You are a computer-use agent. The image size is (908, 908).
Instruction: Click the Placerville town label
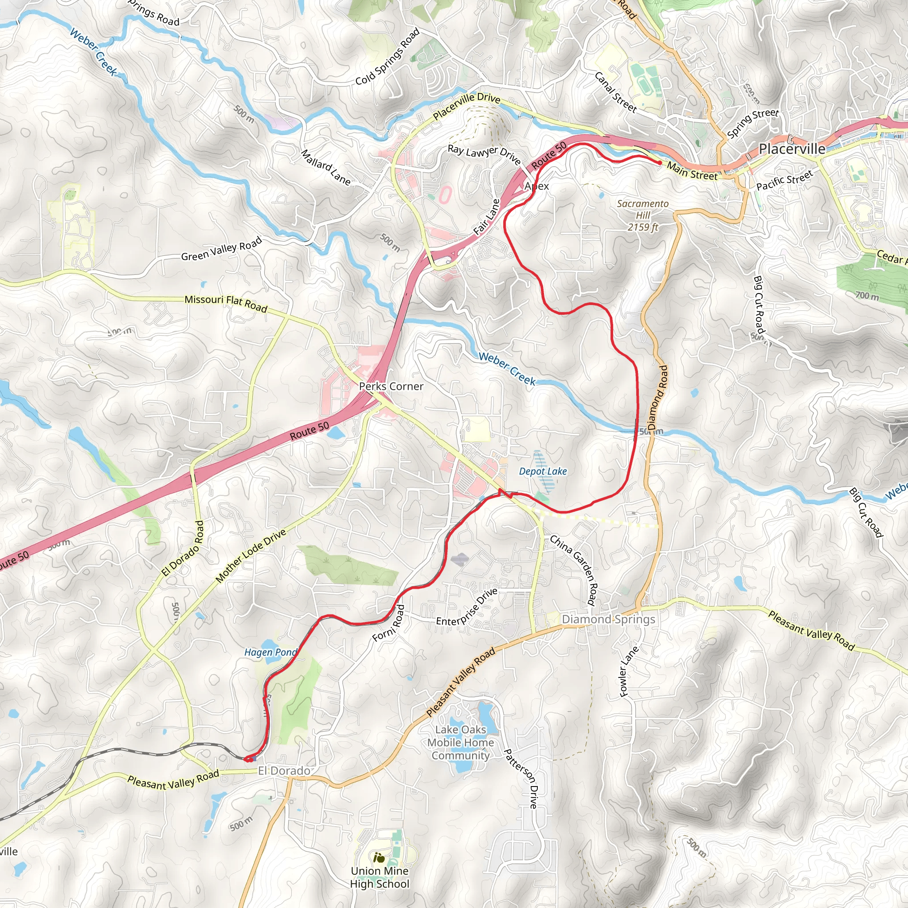click(792, 149)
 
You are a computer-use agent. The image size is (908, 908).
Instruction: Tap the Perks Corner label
click(391, 386)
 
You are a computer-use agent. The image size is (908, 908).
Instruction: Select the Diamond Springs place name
click(608, 619)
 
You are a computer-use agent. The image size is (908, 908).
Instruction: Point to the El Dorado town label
click(284, 771)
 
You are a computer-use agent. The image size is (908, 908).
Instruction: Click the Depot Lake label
click(543, 471)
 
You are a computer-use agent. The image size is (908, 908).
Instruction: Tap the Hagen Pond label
click(270, 652)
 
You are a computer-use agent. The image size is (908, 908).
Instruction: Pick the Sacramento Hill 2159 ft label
click(642, 215)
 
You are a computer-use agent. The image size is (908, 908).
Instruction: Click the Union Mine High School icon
click(379, 858)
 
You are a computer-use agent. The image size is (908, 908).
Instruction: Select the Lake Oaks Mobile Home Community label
click(461, 742)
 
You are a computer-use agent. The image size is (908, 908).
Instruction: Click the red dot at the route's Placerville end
click(660, 163)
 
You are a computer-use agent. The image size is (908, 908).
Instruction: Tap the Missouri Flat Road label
click(226, 303)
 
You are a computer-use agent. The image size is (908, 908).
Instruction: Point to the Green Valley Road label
click(221, 250)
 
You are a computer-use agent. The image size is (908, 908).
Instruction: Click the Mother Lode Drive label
click(251, 556)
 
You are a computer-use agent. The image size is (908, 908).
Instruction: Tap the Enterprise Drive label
click(467, 607)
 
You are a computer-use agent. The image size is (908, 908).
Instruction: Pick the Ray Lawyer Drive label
click(484, 154)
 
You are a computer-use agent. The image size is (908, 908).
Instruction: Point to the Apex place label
click(536, 186)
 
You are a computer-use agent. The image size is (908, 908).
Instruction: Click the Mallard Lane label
click(326, 167)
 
